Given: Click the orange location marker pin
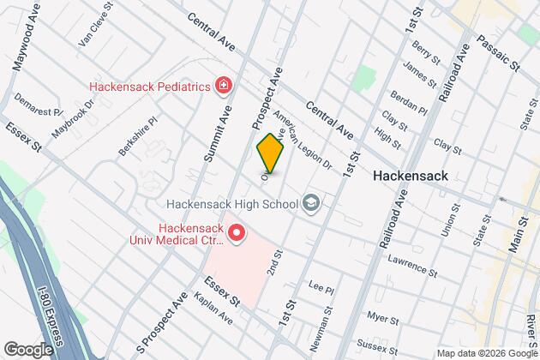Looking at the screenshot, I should coord(270,153).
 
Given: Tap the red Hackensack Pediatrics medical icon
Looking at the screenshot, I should coord(224,85).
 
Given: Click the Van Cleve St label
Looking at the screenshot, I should coord(96,29).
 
